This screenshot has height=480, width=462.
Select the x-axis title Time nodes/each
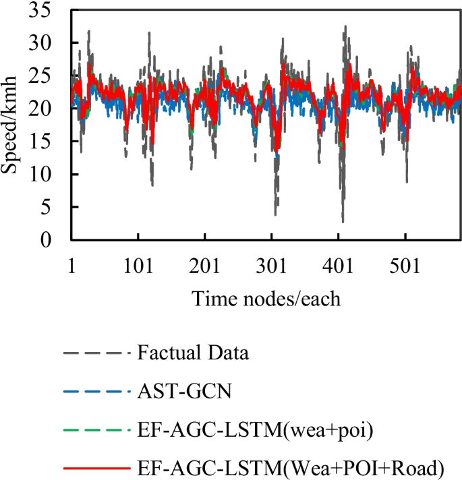tap(266, 298)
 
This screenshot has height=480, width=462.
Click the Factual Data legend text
tap(184, 353)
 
